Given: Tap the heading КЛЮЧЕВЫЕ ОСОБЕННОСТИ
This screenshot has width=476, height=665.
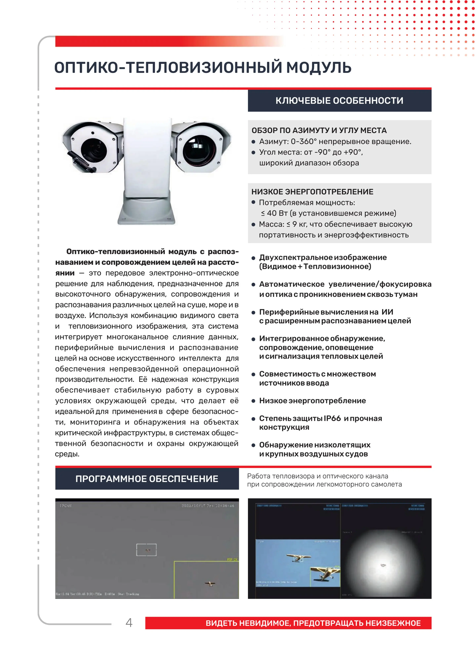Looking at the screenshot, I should coord(339,101).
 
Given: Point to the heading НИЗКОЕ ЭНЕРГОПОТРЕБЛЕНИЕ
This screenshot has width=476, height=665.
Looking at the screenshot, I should coord(312,192).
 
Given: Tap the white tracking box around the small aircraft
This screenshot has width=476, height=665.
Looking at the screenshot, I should coord(146,550).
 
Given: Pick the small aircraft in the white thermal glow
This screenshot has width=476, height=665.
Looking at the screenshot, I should coord(383,565).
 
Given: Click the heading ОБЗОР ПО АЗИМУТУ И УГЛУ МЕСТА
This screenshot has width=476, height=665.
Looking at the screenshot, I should coord(319,131).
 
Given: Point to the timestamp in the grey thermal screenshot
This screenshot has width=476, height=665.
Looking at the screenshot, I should coord(208,506).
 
